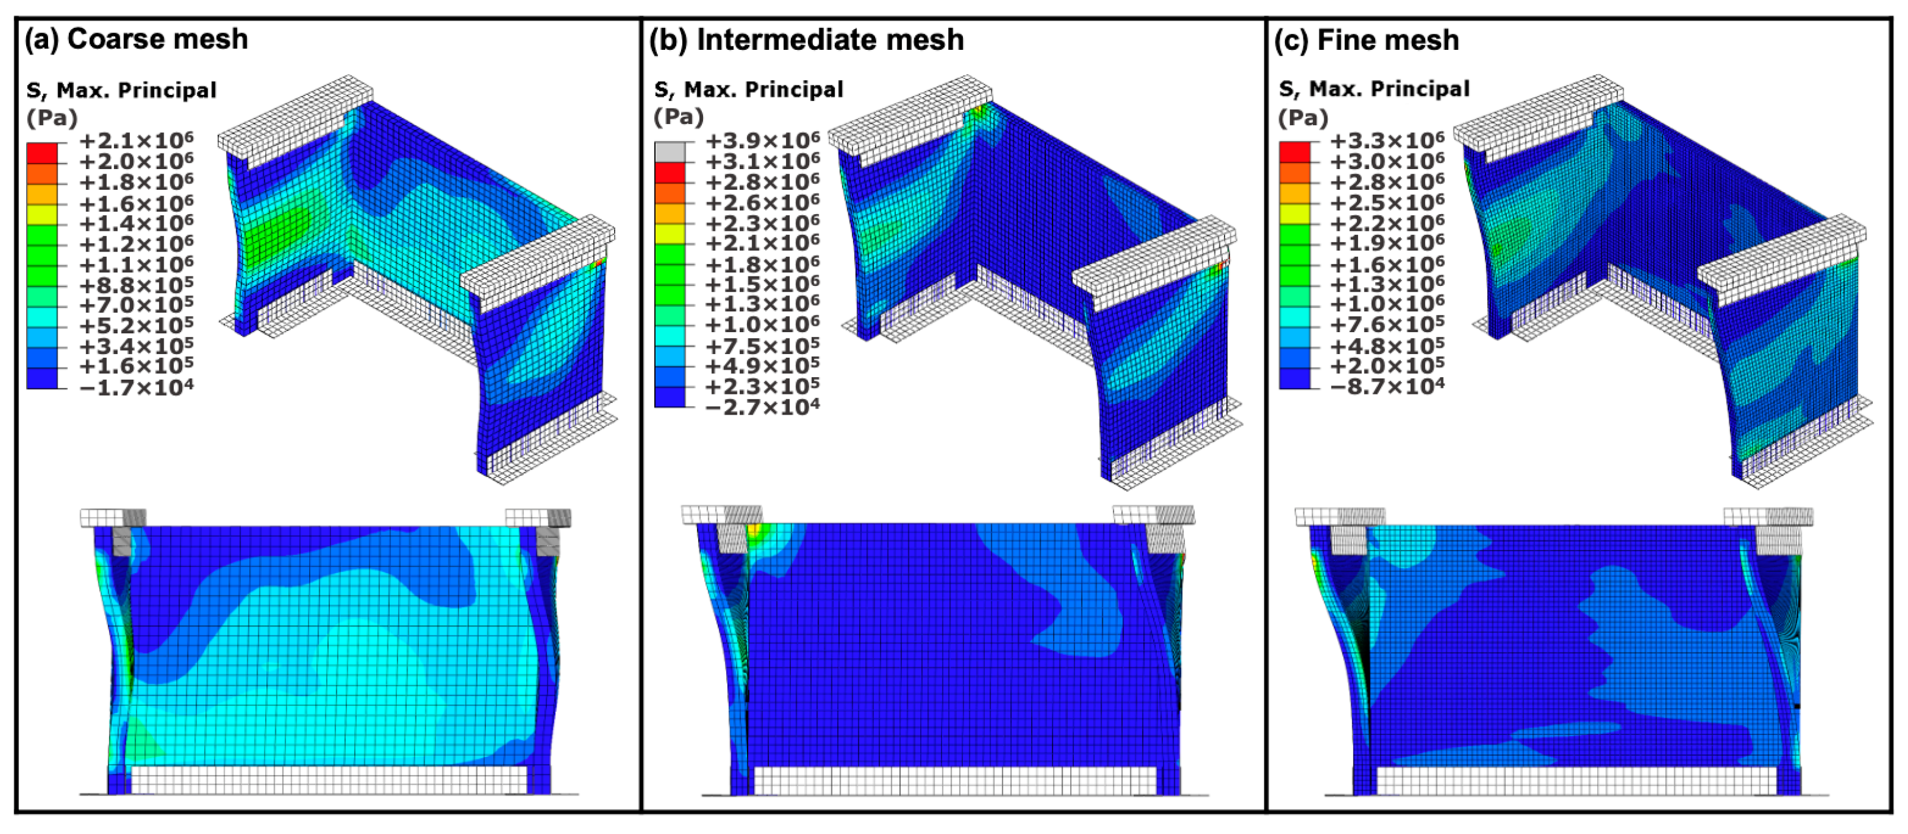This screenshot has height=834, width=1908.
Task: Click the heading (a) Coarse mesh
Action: [x=136, y=39]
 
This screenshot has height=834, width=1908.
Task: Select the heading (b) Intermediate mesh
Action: [x=807, y=40]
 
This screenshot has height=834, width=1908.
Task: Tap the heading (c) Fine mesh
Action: [x=1366, y=40]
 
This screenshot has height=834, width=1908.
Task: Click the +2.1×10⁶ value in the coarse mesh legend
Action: [x=136, y=141]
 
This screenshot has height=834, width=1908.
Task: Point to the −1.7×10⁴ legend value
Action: [x=136, y=387]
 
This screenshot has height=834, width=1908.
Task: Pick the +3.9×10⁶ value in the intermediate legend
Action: [x=763, y=141]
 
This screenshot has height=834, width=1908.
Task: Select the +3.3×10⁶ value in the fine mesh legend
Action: [x=1387, y=141]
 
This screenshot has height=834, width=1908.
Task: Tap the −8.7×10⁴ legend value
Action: [x=1387, y=386]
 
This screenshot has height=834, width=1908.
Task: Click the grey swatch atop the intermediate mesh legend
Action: [x=670, y=152]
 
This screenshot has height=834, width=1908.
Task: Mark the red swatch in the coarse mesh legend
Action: [x=42, y=152]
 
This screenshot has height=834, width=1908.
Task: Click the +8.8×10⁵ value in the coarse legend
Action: [x=136, y=284]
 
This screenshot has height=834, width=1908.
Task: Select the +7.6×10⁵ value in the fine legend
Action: [x=1387, y=324]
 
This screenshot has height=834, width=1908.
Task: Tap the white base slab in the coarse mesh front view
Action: [x=329, y=780]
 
